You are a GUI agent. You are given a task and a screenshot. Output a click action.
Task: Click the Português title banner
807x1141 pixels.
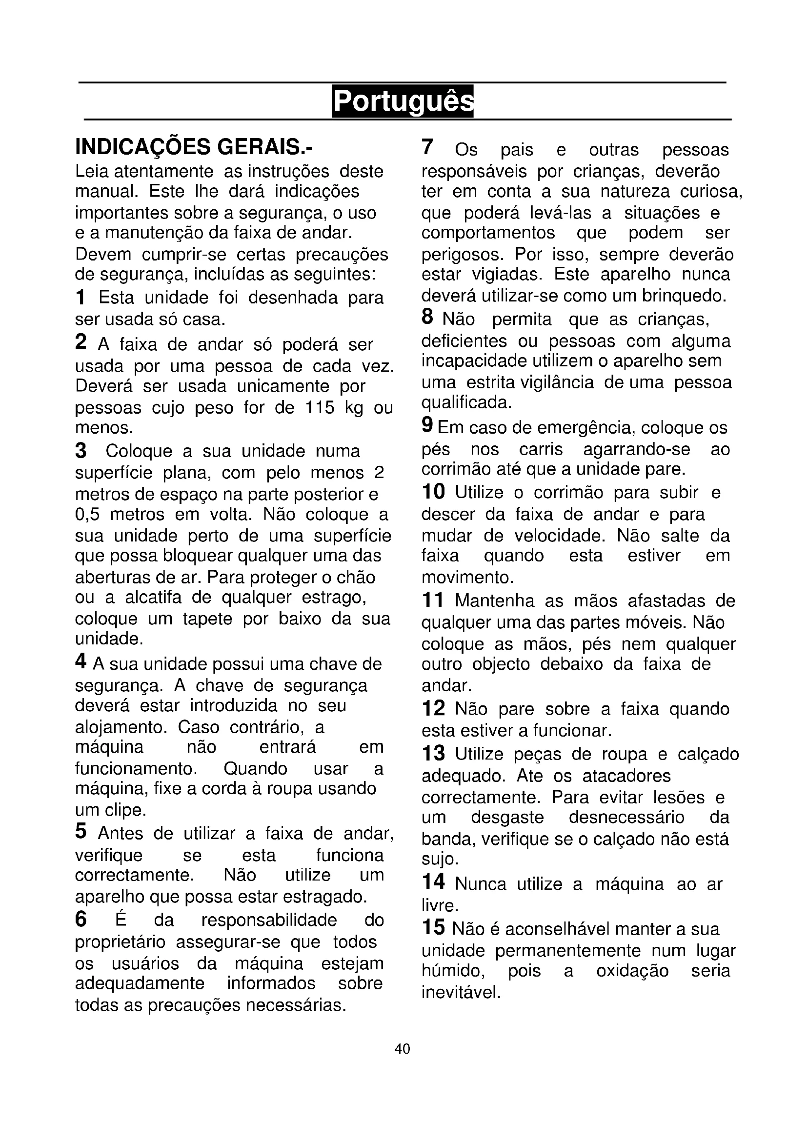click(x=403, y=101)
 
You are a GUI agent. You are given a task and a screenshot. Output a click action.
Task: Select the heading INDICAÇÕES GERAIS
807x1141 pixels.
click(x=194, y=147)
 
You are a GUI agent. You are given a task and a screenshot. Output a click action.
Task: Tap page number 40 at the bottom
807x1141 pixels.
click(x=402, y=1049)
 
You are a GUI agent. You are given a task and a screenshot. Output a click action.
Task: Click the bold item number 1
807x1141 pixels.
click(x=81, y=298)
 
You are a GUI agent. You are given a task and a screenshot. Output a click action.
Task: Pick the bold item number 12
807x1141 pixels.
click(x=433, y=709)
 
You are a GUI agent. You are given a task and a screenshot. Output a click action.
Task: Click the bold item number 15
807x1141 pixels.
click(x=433, y=927)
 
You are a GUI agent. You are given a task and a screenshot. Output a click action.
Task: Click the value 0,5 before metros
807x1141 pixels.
click(x=87, y=514)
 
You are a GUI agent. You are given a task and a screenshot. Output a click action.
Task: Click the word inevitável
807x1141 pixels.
click(x=460, y=992)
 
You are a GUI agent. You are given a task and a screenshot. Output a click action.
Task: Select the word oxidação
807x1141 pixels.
click(x=632, y=971)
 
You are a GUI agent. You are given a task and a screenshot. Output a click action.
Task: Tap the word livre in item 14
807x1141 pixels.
click(x=439, y=905)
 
